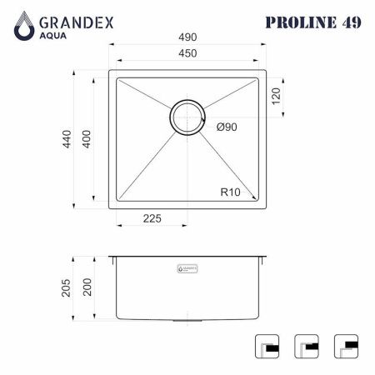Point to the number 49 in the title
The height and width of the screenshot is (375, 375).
click(350, 22)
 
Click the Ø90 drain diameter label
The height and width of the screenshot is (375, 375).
click(227, 127)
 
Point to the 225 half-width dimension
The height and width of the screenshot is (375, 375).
click(151, 219)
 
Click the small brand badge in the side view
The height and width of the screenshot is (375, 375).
click(187, 269)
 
